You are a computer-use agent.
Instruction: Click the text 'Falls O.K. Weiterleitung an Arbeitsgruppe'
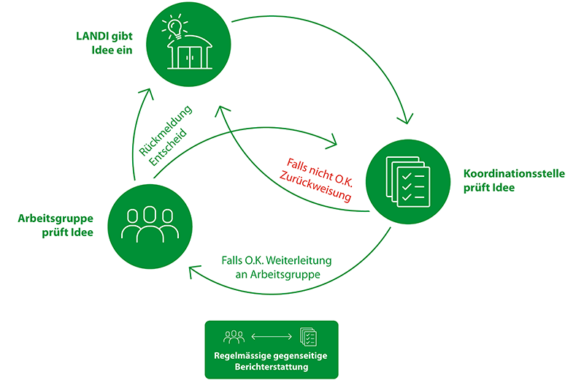(x=280, y=267)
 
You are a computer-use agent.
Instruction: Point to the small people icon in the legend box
(x=234, y=337)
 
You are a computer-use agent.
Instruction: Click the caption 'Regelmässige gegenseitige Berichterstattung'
(x=271, y=362)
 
